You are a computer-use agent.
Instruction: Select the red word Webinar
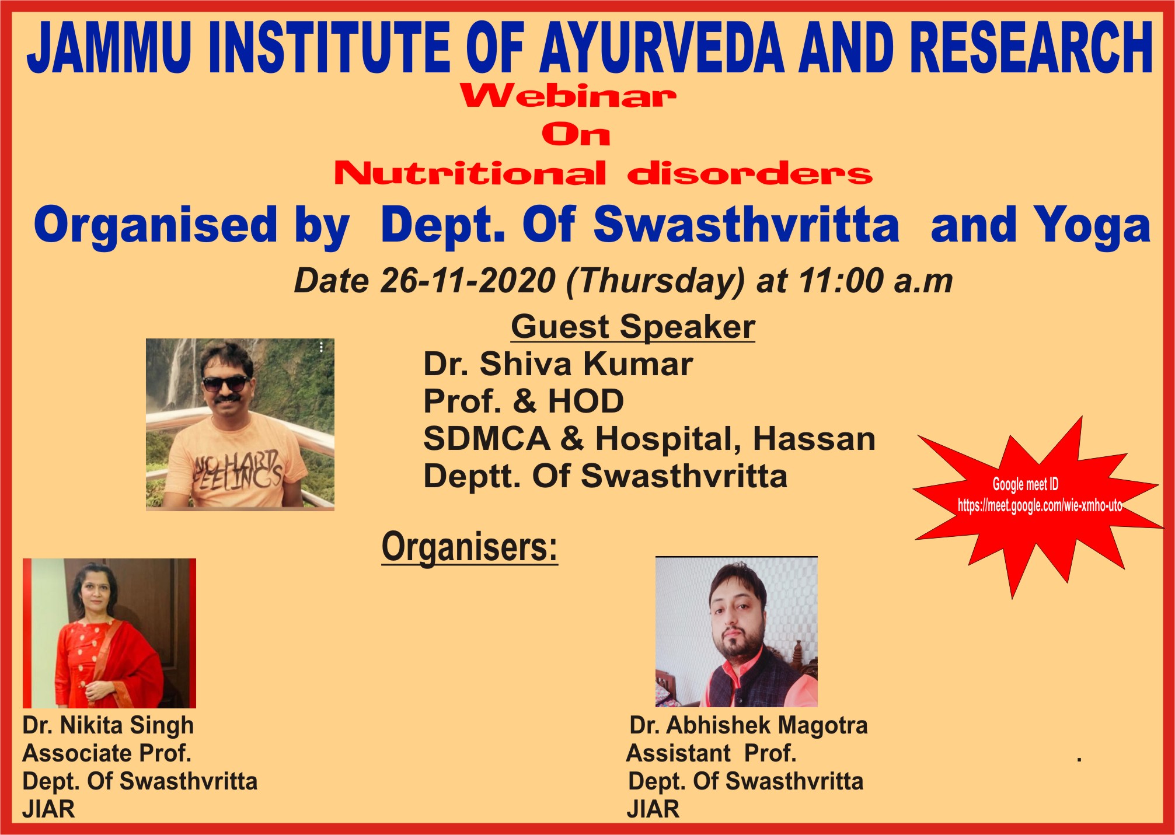click(569, 96)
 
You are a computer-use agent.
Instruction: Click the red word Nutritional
click(470, 173)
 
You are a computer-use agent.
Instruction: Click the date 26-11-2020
click(468, 281)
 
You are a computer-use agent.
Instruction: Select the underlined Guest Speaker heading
click(633, 326)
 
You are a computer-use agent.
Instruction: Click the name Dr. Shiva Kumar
click(558, 364)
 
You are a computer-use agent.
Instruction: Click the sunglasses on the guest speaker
click(225, 384)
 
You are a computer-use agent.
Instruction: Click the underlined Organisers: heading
click(470, 547)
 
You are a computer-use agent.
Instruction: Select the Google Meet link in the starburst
click(1040, 506)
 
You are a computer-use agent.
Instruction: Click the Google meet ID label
click(1026, 484)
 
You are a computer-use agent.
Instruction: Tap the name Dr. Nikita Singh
click(108, 725)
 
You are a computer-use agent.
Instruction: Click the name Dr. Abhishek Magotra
click(748, 725)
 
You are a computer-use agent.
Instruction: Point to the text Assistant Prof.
click(712, 753)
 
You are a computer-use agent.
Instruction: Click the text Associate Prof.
click(107, 753)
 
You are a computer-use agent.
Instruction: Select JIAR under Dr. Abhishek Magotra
click(653, 809)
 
